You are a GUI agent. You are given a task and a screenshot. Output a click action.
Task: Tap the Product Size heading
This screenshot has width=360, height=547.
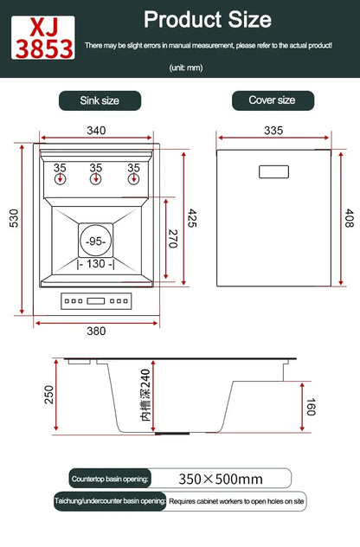point(207,19)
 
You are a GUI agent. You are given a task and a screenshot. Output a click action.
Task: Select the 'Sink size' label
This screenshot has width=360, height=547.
point(100,100)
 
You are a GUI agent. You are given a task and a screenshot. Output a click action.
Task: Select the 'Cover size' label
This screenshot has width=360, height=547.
point(272,100)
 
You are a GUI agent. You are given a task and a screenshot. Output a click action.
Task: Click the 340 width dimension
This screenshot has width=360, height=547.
point(96,131)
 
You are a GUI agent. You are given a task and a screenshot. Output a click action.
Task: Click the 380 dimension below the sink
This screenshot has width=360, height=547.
point(96,330)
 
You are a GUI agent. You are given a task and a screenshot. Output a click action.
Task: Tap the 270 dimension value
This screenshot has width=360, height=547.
point(171,239)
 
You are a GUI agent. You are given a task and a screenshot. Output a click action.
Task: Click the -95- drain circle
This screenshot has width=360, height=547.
point(96,240)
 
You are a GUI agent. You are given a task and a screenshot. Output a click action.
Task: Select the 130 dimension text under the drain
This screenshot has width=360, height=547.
point(96,264)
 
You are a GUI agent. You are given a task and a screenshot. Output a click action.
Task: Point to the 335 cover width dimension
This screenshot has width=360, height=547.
point(273,131)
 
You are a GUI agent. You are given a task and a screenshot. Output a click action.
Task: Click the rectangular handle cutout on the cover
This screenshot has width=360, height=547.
point(273,171)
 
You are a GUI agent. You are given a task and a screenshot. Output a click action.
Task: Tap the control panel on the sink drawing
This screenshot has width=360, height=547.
point(96,302)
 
